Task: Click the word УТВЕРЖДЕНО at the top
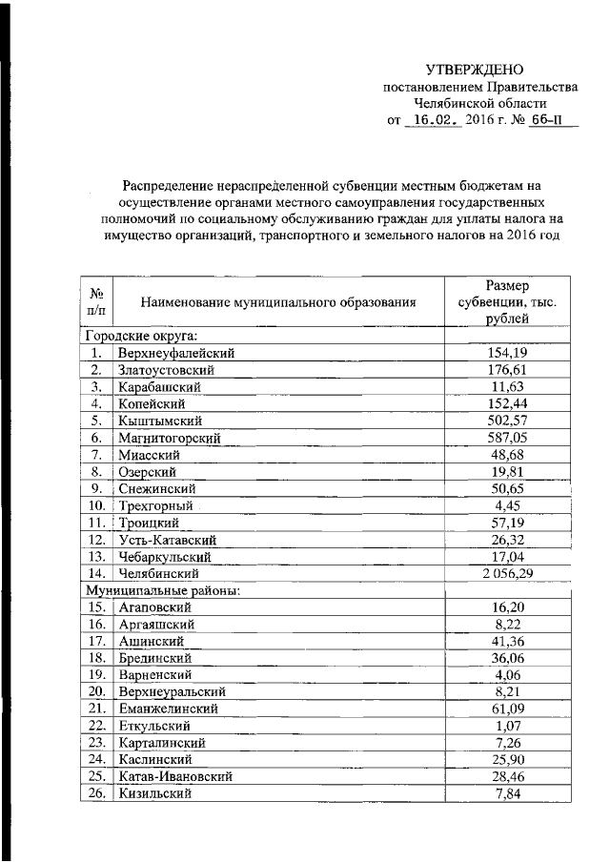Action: click(475, 70)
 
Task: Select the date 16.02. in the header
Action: click(434, 121)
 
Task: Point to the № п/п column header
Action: click(96, 304)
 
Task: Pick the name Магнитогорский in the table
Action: click(170, 438)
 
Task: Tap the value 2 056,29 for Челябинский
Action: click(506, 574)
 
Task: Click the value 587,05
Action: click(506, 438)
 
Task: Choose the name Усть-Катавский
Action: click(162, 540)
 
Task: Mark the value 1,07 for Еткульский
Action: click(506, 727)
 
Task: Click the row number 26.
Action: click(95, 794)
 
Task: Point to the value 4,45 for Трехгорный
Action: click(506, 505)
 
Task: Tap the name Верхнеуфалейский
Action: click(176, 353)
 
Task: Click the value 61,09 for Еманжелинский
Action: click(506, 709)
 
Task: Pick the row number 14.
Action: click(95, 574)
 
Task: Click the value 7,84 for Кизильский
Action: click(506, 794)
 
